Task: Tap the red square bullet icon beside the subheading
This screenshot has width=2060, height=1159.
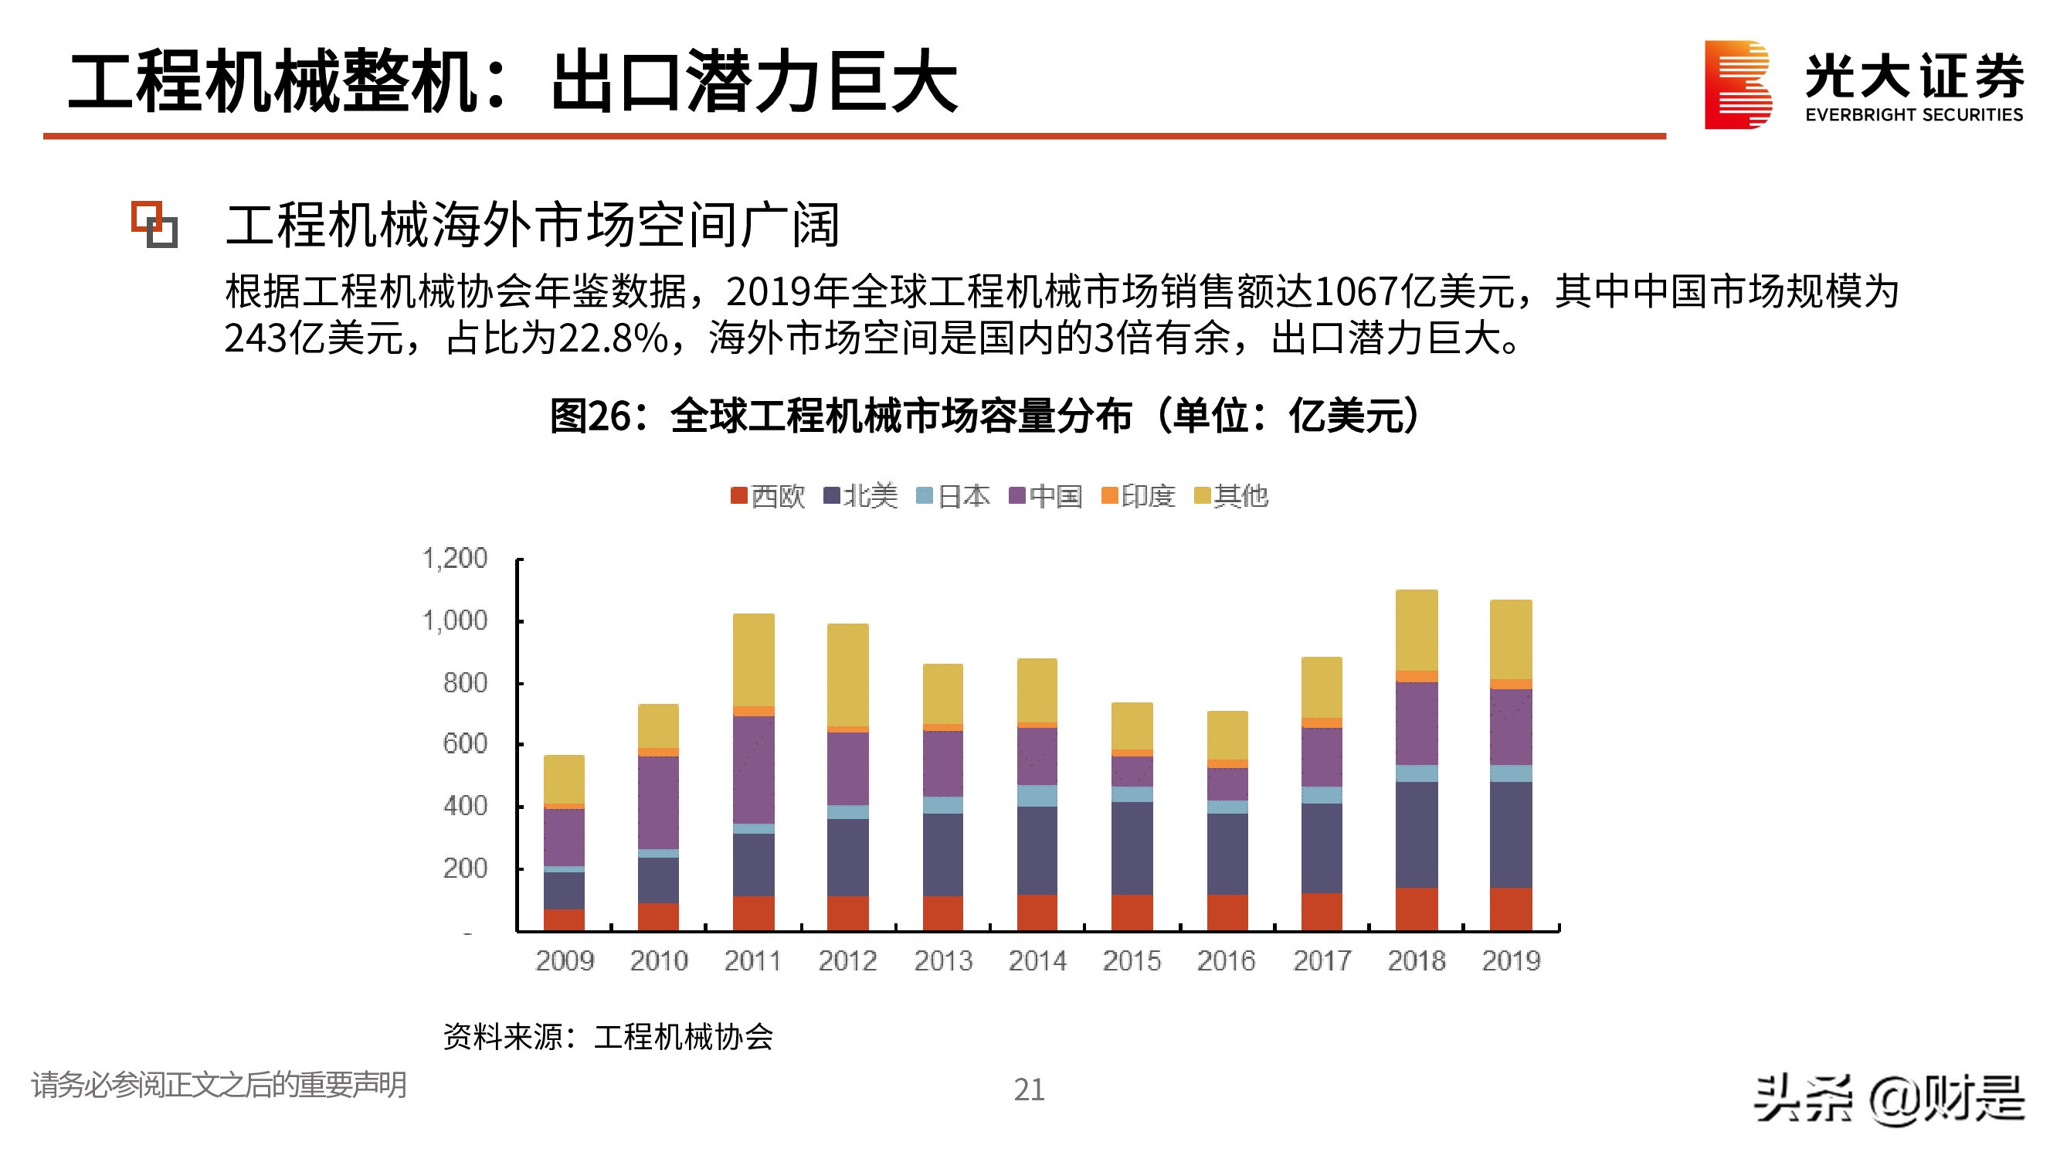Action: coord(154,225)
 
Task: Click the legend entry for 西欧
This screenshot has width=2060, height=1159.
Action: coord(768,497)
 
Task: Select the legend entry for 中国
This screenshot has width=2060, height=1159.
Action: coord(1045,497)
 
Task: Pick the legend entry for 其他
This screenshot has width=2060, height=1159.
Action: coord(1230,497)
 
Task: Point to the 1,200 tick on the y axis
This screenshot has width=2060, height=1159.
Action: coord(455,559)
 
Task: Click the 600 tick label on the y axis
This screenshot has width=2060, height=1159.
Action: coord(465,744)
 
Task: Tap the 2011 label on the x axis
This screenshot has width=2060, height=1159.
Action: coord(752,960)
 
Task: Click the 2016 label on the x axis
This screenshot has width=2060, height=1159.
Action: coord(1226,960)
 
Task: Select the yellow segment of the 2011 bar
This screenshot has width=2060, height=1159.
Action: coord(753,660)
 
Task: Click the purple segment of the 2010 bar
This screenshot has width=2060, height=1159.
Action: coord(658,802)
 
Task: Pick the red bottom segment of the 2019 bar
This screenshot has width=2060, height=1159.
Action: coord(1511,909)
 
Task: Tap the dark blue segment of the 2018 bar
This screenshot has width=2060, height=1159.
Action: coord(1417,834)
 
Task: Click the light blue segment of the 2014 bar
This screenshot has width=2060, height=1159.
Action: coord(1037,796)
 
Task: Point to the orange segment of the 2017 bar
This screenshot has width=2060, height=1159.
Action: coord(1322,723)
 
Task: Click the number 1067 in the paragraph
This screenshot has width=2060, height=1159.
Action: coord(1354,291)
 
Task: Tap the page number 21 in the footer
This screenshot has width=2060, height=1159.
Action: coord(1029,1089)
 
